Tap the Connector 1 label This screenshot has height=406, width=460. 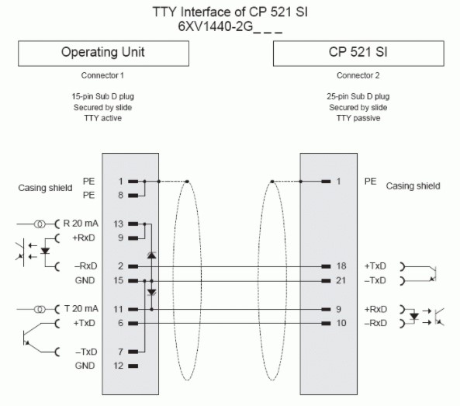coord(102,75)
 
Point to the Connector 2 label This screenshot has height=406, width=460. coord(358,75)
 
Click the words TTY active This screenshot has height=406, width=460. coord(102,118)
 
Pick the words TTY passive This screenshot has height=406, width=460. coord(358,118)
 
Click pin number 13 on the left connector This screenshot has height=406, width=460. coord(118,224)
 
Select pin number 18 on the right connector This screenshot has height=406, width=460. coord(341,266)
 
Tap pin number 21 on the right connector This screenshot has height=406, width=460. coord(341,280)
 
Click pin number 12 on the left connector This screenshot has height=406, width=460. coord(118,366)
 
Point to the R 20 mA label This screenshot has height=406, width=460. coord(81,224)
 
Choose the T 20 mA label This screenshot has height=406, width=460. coord(81,309)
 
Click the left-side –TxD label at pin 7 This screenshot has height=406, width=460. coord(86,352)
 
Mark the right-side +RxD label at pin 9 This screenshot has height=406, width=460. coord(375,309)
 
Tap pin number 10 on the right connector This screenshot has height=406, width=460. coord(341,323)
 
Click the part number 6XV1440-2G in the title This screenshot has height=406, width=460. coord(216,26)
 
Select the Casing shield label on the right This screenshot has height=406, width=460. coord(413,186)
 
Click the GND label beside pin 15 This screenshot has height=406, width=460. coord(85,280)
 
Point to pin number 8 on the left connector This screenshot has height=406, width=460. coord(120,195)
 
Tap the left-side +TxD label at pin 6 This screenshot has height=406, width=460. coord(85,323)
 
